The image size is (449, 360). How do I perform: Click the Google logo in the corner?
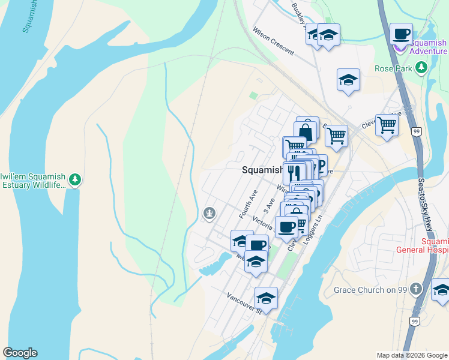tap(20, 353)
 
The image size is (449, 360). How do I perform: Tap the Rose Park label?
tap(393, 68)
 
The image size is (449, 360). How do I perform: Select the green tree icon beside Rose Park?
tap(422, 67)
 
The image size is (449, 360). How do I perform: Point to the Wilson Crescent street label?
tap(273, 41)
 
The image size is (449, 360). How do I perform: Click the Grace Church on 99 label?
tap(370, 290)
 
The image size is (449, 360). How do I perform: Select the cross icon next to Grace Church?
tap(418, 290)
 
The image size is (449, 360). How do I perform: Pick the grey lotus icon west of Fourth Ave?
tap(209, 212)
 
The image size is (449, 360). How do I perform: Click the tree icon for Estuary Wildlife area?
tap(74, 179)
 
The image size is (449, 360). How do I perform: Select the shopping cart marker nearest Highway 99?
tap(387, 125)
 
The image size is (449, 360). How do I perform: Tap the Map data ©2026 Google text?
tap(411, 355)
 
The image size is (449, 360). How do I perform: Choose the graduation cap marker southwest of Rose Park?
tap(348, 80)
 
